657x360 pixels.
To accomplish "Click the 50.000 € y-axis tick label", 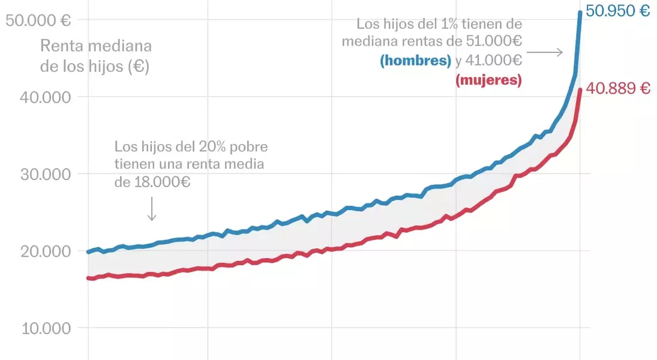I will [x=37, y=20].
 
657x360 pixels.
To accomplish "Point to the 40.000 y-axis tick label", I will [x=37, y=97].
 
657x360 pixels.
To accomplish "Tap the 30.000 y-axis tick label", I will [x=37, y=174].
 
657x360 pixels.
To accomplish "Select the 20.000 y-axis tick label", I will [x=37, y=251].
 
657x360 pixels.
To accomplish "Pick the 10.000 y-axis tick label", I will [x=37, y=328].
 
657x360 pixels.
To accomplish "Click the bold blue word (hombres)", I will [x=415, y=61].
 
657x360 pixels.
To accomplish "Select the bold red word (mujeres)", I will [x=488, y=79].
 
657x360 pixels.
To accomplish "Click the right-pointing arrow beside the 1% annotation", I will [x=545, y=52].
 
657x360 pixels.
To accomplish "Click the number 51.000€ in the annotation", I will [x=493, y=42].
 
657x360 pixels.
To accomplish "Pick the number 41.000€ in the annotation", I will [x=493, y=61].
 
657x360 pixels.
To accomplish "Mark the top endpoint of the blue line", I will [x=580, y=12].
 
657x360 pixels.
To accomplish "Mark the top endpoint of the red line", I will [x=580, y=90].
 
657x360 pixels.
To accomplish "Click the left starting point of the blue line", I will [x=88, y=252].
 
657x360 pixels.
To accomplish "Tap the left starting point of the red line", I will [x=88, y=278].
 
